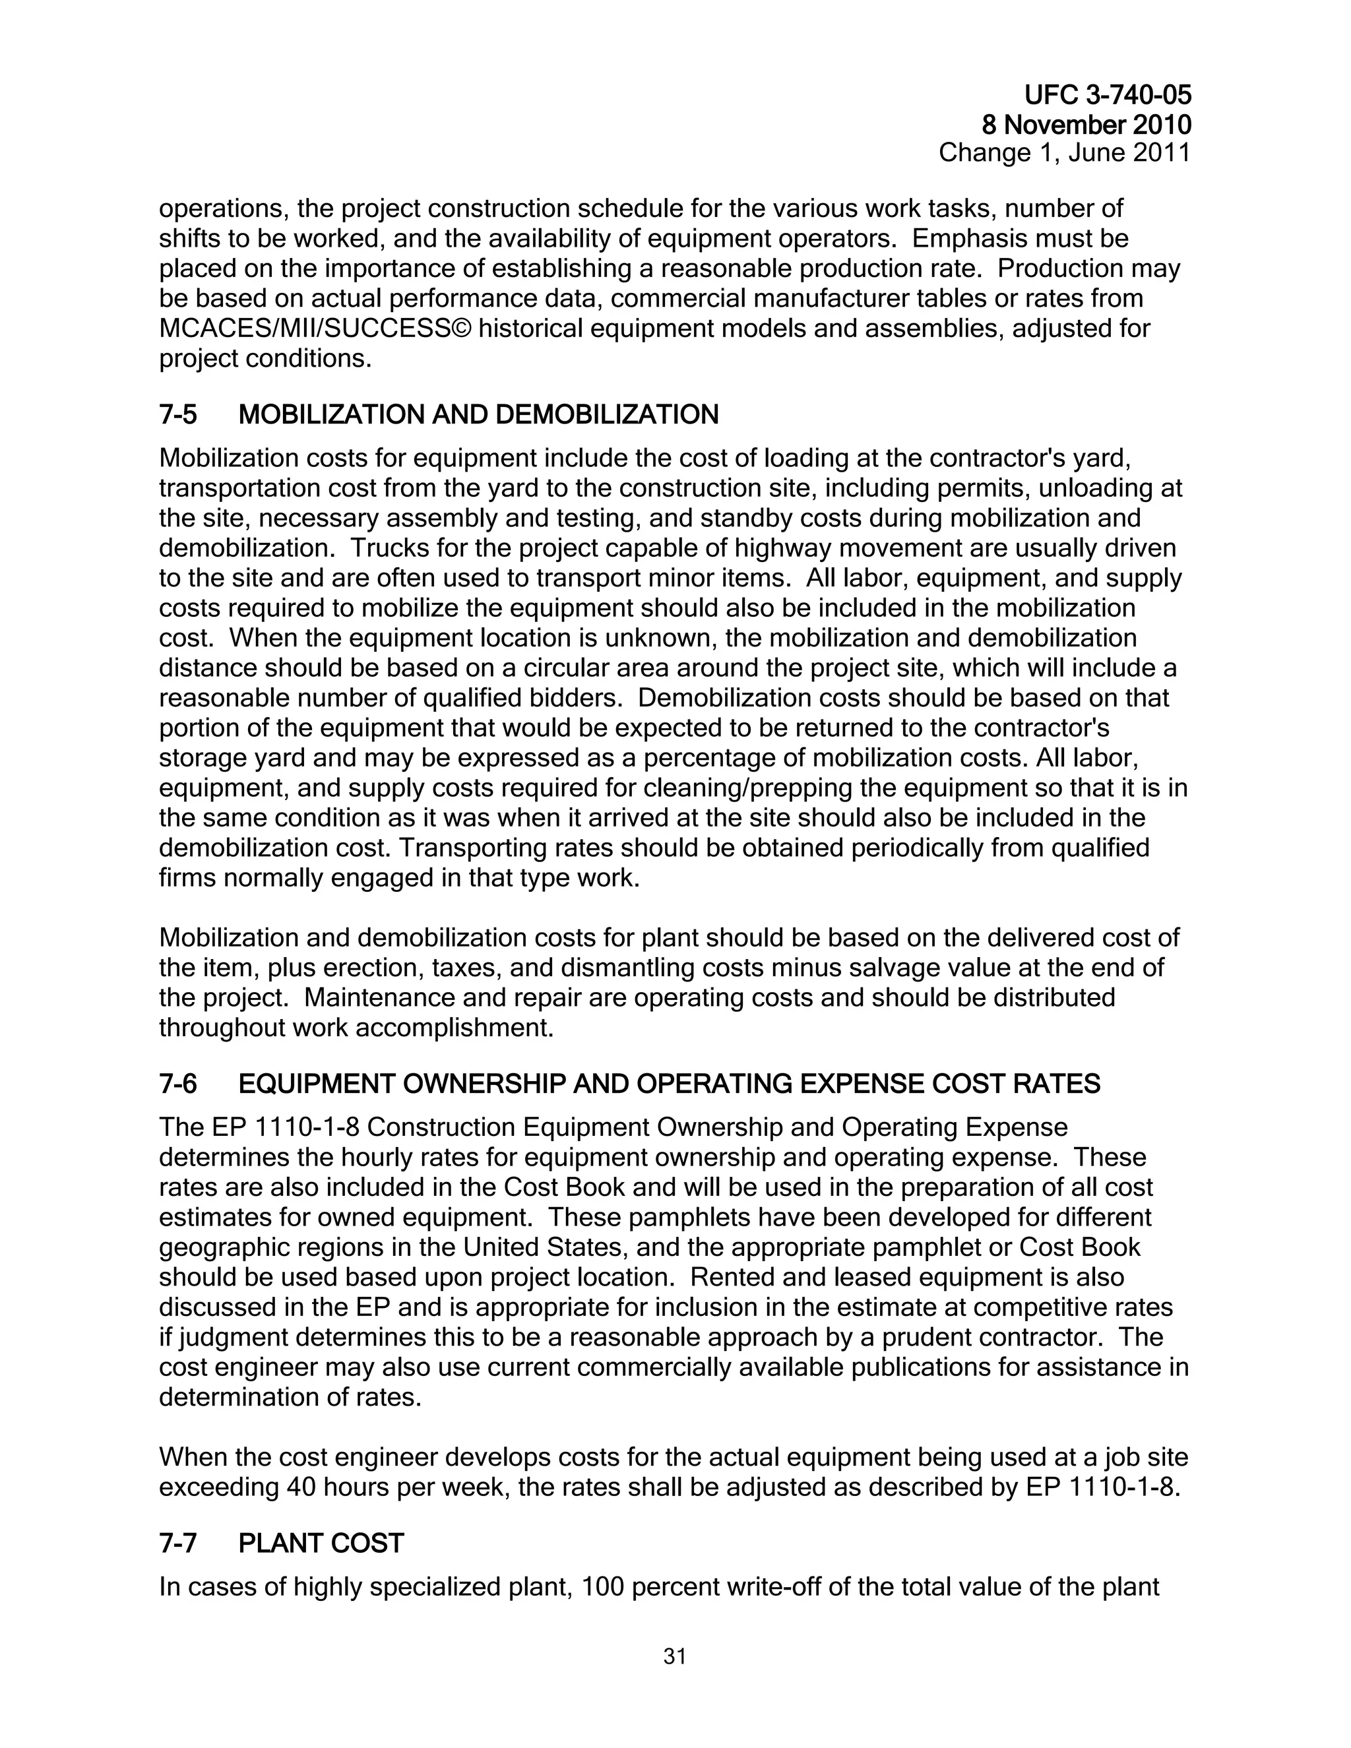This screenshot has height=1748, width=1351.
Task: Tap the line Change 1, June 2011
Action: point(1065,152)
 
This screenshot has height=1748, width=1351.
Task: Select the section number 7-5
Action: point(177,415)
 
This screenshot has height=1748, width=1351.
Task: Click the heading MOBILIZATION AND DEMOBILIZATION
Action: point(479,415)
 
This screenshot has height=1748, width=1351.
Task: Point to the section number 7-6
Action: point(177,1084)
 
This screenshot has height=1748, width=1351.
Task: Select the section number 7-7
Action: point(177,1543)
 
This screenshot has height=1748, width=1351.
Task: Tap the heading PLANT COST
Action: point(321,1543)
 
